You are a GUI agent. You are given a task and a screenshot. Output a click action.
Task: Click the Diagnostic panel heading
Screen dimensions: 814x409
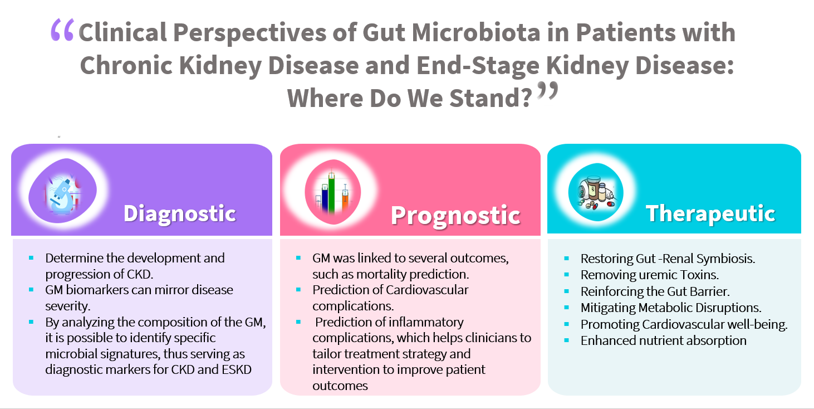tap(179, 213)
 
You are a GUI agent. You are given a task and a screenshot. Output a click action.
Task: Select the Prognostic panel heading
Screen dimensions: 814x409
tap(455, 215)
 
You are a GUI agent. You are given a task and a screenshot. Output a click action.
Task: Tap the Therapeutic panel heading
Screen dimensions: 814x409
tap(711, 213)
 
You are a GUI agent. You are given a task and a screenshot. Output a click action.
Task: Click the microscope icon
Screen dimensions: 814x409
tap(62, 191)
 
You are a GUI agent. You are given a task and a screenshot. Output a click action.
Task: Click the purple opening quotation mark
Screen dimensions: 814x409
tap(62, 30)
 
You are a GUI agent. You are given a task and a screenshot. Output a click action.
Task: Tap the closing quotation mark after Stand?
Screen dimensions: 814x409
tap(547, 91)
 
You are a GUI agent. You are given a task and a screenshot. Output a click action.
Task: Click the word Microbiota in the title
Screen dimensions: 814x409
tap(477, 32)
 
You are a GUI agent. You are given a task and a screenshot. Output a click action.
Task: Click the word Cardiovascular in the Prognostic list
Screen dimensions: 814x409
tap(427, 290)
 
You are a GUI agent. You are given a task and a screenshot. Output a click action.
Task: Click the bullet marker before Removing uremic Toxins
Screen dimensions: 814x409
tap(567, 275)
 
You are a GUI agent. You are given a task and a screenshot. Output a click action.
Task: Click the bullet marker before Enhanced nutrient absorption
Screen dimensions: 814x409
tap(567, 340)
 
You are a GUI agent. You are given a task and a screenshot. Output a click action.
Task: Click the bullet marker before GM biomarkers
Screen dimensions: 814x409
tap(31, 290)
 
